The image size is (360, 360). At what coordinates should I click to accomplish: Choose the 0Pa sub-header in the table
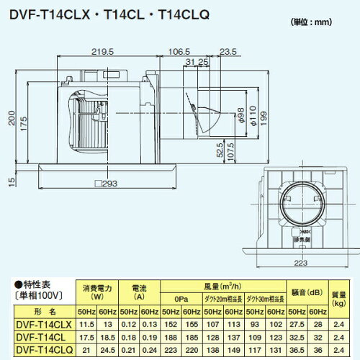(x=181, y=300)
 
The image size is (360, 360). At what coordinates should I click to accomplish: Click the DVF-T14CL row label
(x=42, y=336)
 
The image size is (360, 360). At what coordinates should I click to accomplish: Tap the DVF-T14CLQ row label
(x=42, y=349)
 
